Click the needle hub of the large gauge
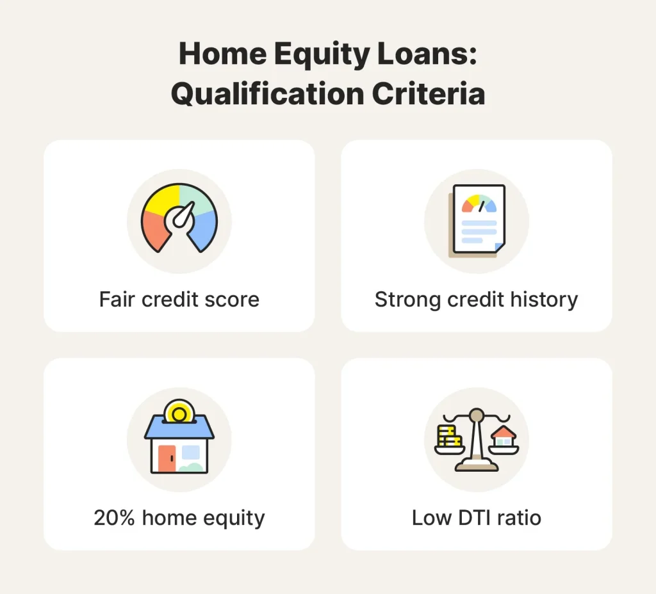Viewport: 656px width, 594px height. coord(177,221)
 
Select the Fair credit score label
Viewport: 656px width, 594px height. coord(179,300)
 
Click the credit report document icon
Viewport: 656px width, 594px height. coord(478,219)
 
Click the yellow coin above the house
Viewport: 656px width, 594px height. coord(179,411)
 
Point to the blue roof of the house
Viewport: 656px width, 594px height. coord(179,431)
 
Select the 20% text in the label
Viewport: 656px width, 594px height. coord(115,517)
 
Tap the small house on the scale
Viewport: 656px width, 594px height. coord(504,436)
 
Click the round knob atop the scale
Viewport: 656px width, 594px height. coord(476,416)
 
